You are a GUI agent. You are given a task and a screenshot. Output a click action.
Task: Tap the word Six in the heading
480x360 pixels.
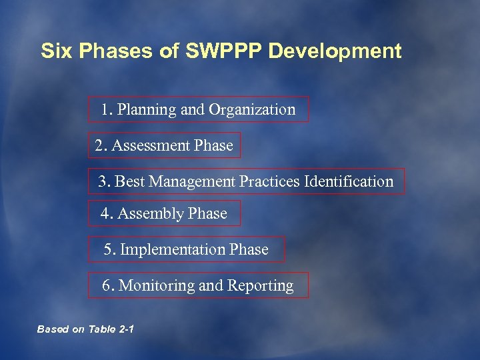pyautogui.click(x=55, y=51)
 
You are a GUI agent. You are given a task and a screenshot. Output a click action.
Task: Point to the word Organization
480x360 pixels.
pyautogui.click(x=252, y=110)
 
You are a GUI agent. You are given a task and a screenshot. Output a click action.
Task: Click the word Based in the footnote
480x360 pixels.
pyautogui.click(x=51, y=329)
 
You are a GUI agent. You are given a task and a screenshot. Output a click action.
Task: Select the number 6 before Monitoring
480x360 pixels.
pyautogui.click(x=107, y=286)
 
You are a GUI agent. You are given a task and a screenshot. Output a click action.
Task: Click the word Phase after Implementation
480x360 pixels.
pyautogui.click(x=249, y=250)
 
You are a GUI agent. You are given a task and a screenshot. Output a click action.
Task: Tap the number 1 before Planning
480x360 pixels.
pyautogui.click(x=105, y=110)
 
